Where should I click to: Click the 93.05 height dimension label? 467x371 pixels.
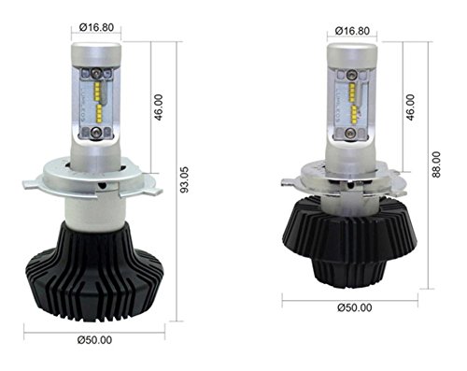[185, 179]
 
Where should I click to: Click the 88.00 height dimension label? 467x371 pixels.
[436, 164]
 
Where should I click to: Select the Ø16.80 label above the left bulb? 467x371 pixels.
[96, 27]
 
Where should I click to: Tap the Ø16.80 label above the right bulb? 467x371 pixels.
[352, 31]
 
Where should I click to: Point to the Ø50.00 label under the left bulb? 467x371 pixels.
[94, 340]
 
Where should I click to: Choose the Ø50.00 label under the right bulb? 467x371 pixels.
[355, 307]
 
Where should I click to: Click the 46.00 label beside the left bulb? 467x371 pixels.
[159, 107]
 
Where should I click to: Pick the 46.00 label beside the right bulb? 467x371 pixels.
[411, 107]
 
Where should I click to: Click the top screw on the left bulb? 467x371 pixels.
[95, 73]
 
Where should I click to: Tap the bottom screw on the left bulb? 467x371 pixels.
[95, 133]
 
